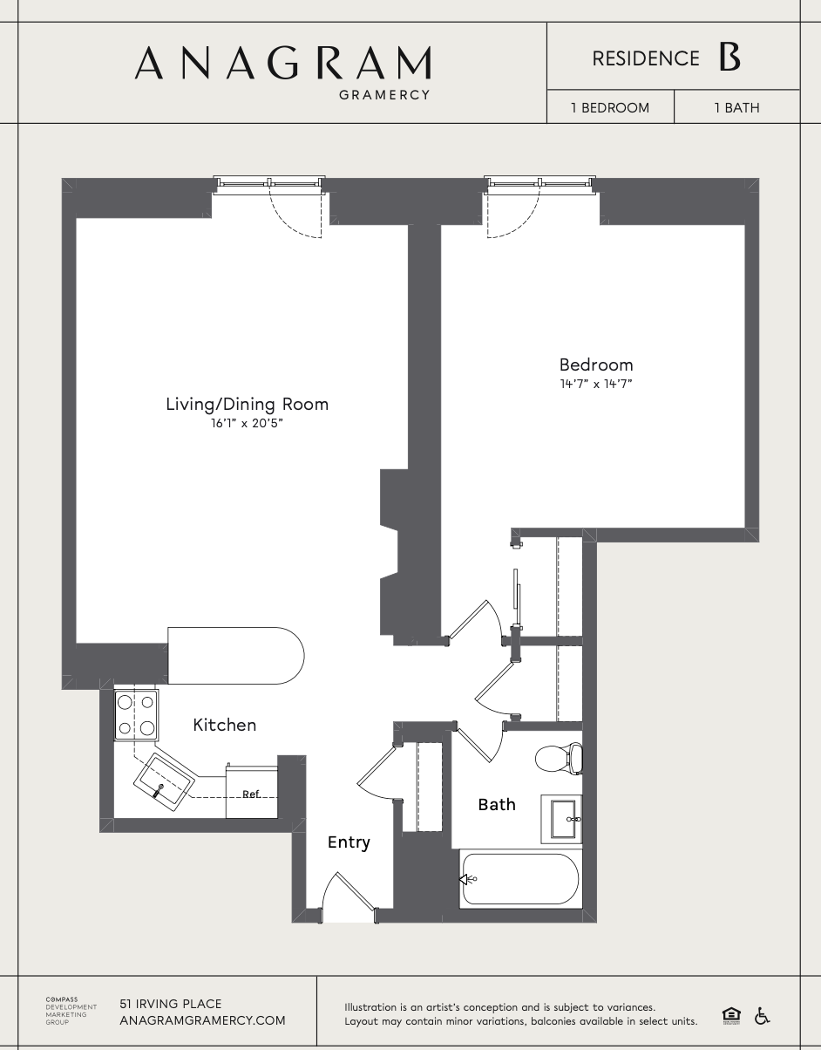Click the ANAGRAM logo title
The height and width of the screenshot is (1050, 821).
[x=282, y=63]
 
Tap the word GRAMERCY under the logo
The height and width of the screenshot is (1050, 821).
[x=384, y=95]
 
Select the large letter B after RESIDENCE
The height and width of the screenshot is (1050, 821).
[x=729, y=58]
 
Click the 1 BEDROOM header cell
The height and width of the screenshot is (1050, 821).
[x=610, y=108]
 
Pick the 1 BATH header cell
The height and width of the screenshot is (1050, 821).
[x=736, y=108]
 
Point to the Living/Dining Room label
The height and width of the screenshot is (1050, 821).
[x=247, y=404]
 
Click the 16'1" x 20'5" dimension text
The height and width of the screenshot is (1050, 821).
[x=247, y=423]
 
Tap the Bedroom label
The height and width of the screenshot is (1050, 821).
[x=596, y=365]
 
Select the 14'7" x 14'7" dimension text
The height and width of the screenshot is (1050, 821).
[x=596, y=383]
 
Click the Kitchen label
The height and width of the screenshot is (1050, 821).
[x=224, y=725]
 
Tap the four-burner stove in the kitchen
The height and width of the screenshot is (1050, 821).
[x=137, y=715]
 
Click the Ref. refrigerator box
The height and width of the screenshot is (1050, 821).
[x=252, y=793]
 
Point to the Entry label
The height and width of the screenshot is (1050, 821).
[x=349, y=842]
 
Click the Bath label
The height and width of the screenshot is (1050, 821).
[x=497, y=804]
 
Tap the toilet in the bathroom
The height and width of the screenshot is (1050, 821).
[x=558, y=758]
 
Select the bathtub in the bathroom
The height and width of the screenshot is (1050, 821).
[x=519, y=879]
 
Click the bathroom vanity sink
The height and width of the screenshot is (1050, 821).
[x=562, y=819]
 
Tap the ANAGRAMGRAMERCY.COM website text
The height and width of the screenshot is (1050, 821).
[x=202, y=1020]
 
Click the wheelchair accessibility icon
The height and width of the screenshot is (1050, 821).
[x=762, y=1015]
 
